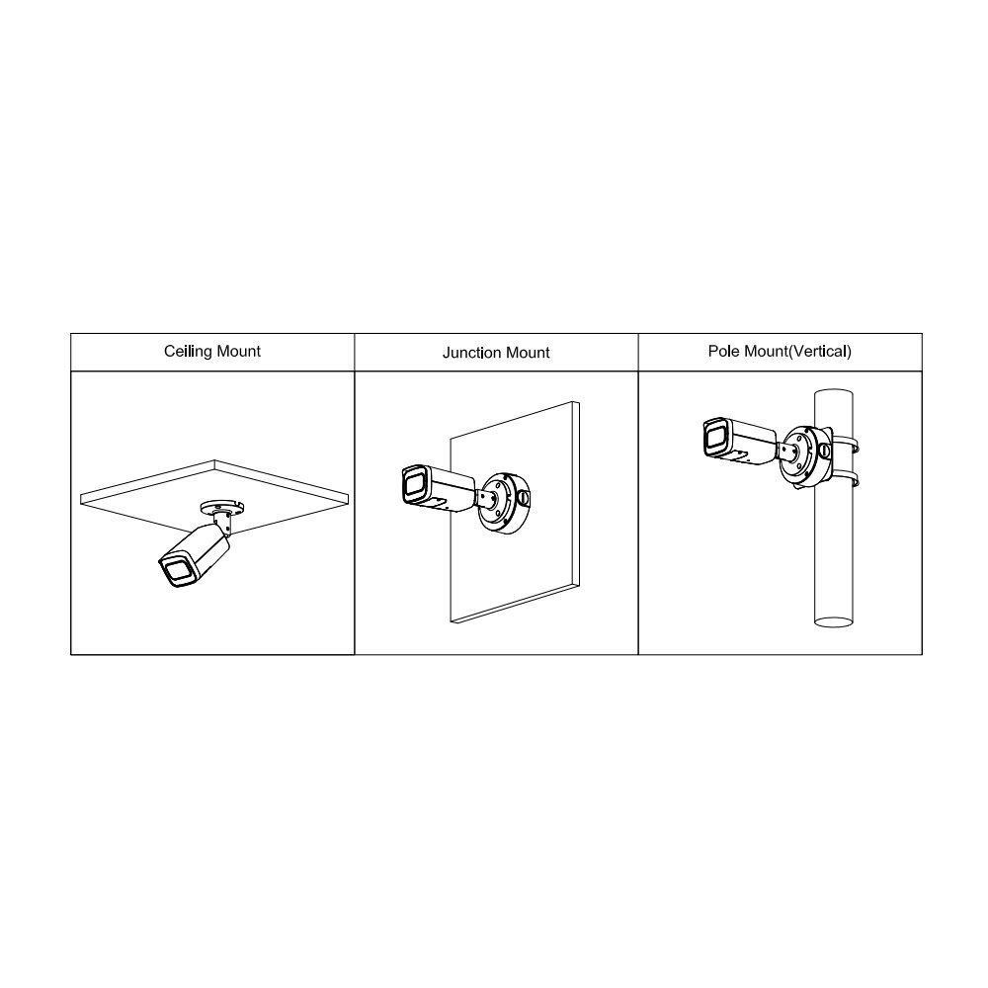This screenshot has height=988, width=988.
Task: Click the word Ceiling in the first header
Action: [x=187, y=352]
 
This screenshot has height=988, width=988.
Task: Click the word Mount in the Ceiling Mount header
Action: [x=237, y=352]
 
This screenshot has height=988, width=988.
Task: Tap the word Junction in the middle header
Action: [x=469, y=353]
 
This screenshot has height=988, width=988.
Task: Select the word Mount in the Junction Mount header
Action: [x=527, y=353]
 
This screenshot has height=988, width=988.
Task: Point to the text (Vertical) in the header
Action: [x=820, y=351]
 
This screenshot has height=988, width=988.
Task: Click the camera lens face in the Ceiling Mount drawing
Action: [x=176, y=571]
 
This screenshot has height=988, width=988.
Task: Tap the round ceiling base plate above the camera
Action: [x=221, y=506]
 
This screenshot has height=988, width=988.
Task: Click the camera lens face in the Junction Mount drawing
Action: [x=413, y=484]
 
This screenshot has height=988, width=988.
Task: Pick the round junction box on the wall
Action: [x=504, y=504]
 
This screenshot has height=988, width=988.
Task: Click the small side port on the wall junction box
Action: [x=524, y=497]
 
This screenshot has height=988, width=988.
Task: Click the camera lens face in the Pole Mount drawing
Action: [x=714, y=437]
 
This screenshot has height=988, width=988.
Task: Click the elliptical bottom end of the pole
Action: [x=834, y=621]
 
